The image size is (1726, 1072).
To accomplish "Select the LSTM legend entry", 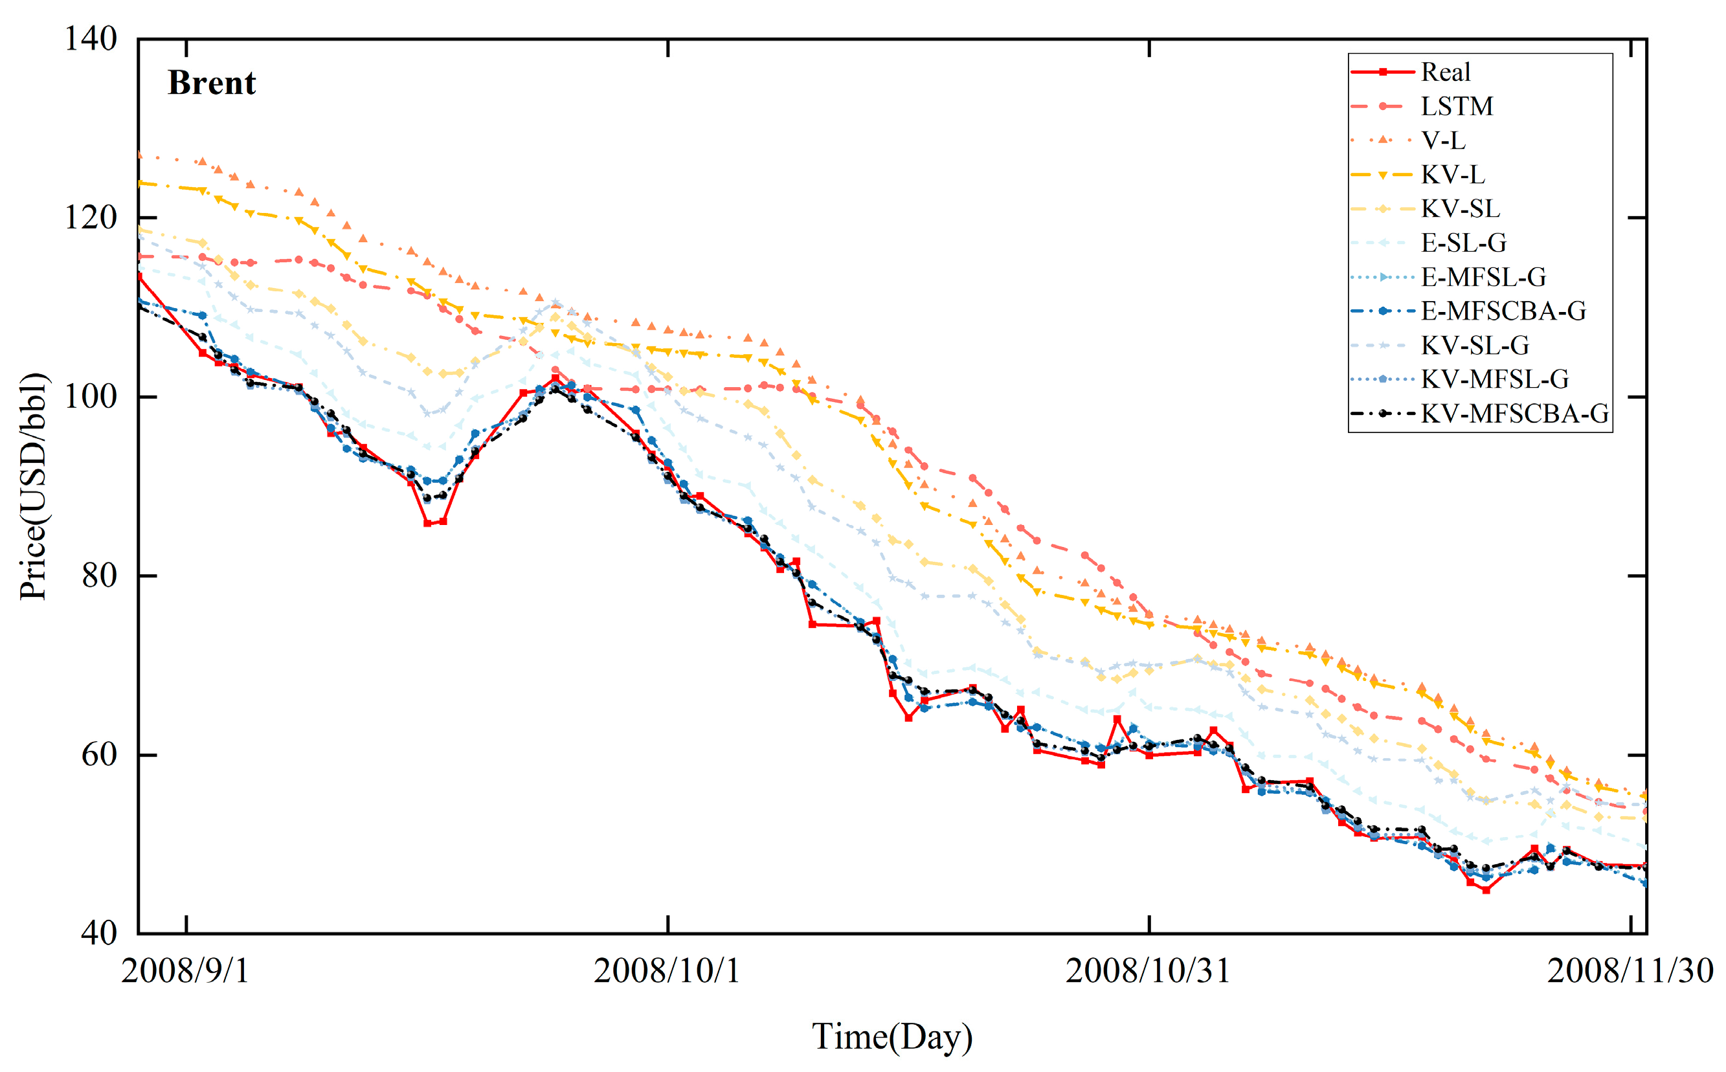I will click(1457, 106).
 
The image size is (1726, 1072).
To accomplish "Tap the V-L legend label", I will click(1443, 140).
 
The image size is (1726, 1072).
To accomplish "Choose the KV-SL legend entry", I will click(1460, 208).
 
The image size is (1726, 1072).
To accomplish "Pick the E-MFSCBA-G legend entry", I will click(1503, 311).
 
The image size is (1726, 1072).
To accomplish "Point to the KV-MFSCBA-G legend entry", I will click(1515, 414).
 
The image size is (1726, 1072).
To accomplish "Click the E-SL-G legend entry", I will click(1464, 243).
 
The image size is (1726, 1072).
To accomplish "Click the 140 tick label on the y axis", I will click(91, 39).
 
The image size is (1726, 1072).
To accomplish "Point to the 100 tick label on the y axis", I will click(91, 396).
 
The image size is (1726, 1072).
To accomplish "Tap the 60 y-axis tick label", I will click(99, 754).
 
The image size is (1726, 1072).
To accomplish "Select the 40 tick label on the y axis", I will click(99, 933).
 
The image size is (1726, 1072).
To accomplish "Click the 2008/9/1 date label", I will click(186, 970).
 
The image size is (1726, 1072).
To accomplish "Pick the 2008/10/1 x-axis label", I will click(667, 970).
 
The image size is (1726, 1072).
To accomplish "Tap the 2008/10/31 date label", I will click(1148, 970).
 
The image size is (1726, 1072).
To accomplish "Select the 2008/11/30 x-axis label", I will click(1630, 970).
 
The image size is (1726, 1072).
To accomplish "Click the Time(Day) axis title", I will click(892, 1036).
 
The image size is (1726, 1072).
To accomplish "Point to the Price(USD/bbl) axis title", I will click(33, 486).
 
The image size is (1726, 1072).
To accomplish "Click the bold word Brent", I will click(211, 83).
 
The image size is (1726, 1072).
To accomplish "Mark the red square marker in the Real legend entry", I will click(1383, 73).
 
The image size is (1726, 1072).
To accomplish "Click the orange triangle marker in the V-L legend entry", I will click(1383, 140).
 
